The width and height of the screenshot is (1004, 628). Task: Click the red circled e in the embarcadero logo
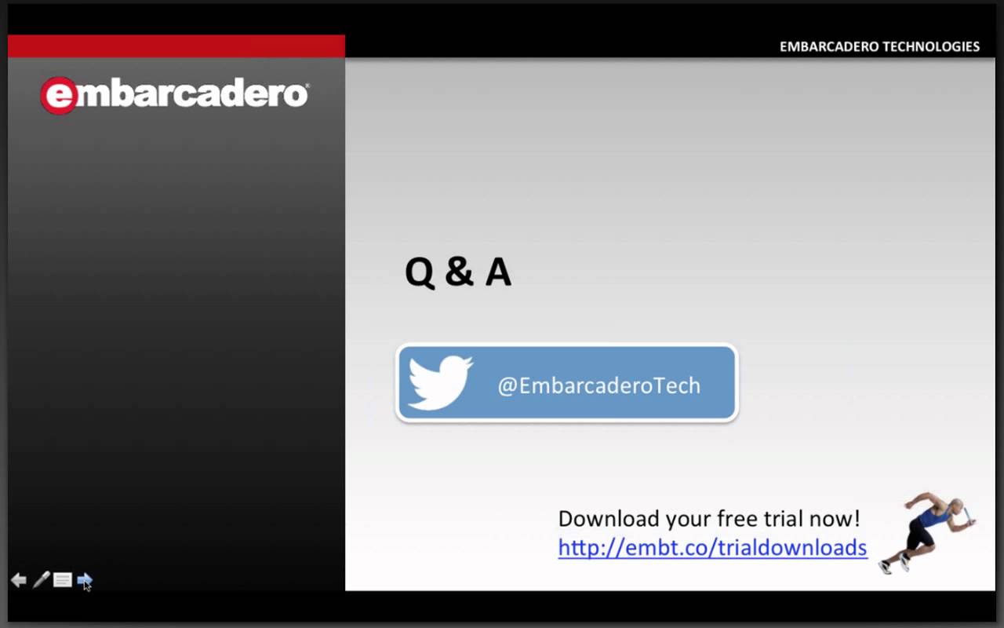pyautogui.click(x=59, y=96)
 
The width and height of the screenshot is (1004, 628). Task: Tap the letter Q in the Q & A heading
pyautogui.click(x=420, y=272)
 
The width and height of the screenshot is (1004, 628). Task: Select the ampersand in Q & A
pyautogui.click(x=460, y=272)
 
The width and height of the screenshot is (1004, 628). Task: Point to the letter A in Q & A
pyautogui.click(x=498, y=272)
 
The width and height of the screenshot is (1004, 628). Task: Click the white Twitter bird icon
pyautogui.click(x=440, y=382)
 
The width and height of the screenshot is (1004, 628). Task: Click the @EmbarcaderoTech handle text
pyautogui.click(x=598, y=385)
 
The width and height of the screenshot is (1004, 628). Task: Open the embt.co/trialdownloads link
pyautogui.click(x=713, y=548)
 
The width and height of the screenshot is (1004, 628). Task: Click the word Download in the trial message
pyautogui.click(x=609, y=519)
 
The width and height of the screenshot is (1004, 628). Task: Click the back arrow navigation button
pyautogui.click(x=19, y=580)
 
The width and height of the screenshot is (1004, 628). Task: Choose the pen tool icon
pyautogui.click(x=42, y=579)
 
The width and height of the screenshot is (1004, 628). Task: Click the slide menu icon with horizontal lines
pyautogui.click(x=62, y=580)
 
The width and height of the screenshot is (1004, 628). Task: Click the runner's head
pyautogui.click(x=956, y=506)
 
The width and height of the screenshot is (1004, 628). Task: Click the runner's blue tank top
pyautogui.click(x=933, y=517)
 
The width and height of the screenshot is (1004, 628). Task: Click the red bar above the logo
pyautogui.click(x=176, y=46)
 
